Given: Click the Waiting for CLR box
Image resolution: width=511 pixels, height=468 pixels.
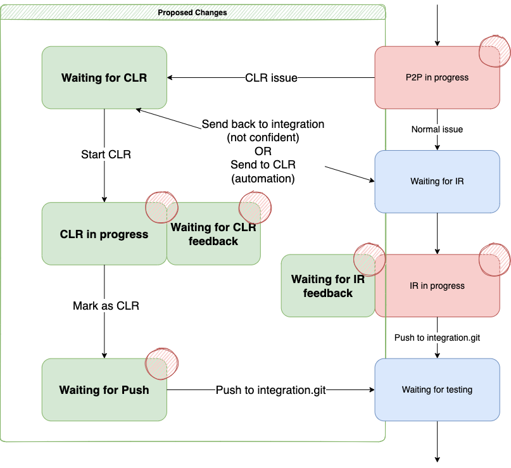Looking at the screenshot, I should (x=104, y=78).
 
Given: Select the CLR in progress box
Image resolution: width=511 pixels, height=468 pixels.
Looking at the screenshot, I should (x=104, y=234).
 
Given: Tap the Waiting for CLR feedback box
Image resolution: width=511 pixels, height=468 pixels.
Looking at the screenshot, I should (x=213, y=234).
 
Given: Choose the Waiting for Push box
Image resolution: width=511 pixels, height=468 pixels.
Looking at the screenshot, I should (x=104, y=390).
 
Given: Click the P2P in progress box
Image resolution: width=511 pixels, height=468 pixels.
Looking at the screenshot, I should (x=437, y=78).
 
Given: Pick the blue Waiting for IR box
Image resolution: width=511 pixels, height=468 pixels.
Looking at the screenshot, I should (x=437, y=181).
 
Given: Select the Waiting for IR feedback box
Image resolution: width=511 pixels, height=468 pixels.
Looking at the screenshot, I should (x=328, y=286).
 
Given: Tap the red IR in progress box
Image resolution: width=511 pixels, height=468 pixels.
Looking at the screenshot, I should (x=437, y=286).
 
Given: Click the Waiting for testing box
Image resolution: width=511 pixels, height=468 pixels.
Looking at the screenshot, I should (x=437, y=389).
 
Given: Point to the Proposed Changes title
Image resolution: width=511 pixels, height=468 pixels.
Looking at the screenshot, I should (x=192, y=12).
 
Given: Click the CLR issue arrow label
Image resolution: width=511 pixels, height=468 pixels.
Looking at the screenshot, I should (x=271, y=79).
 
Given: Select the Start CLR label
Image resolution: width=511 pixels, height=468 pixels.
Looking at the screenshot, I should (x=106, y=155).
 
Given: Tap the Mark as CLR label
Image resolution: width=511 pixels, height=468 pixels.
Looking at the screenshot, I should (x=106, y=306).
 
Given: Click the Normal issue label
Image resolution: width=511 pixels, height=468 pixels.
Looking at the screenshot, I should (x=437, y=129).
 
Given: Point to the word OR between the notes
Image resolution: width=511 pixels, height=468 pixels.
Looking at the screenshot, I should (x=263, y=151).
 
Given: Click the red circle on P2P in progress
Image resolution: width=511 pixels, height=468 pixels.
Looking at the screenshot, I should (x=494, y=51).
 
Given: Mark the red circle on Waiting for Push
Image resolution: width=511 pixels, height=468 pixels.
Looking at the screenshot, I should (x=163, y=363).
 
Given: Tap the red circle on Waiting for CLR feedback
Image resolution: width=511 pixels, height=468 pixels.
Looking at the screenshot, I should (x=254, y=207).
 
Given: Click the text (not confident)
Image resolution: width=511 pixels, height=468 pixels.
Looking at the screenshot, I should (x=263, y=137).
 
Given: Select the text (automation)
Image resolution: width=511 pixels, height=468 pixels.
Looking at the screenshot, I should (x=263, y=179).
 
